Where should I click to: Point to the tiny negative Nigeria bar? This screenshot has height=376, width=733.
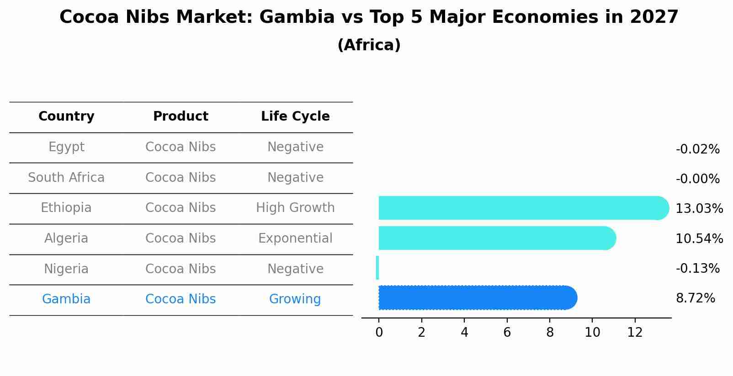pyautogui.click(x=377, y=268)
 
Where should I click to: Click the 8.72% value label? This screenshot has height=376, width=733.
pyautogui.click(x=695, y=298)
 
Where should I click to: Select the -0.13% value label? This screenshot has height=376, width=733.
pyautogui.click(x=697, y=268)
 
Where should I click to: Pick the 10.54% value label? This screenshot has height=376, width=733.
pyautogui.click(x=699, y=238)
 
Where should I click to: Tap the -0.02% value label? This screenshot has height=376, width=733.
pyautogui.click(x=697, y=149)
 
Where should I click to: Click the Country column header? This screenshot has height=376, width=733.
pyautogui.click(x=66, y=117)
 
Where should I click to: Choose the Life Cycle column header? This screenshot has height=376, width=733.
pyautogui.click(x=295, y=117)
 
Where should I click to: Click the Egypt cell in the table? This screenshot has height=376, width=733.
pyautogui.click(x=66, y=147)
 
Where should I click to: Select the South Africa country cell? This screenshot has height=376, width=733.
pyautogui.click(x=66, y=178)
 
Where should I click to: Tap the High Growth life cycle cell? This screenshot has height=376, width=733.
pyautogui.click(x=295, y=208)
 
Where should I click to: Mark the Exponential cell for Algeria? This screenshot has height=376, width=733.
pyautogui.click(x=295, y=238)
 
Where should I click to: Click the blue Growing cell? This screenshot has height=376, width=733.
pyautogui.click(x=295, y=299)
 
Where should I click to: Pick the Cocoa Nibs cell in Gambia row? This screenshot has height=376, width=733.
pyautogui.click(x=181, y=299)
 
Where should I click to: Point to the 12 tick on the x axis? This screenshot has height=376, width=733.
pyautogui.click(x=635, y=333)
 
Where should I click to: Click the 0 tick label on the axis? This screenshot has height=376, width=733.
pyautogui.click(x=379, y=333)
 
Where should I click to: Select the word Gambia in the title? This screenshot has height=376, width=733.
pyautogui.click(x=297, y=17)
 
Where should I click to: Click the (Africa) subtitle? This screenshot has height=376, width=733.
pyautogui.click(x=369, y=45)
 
